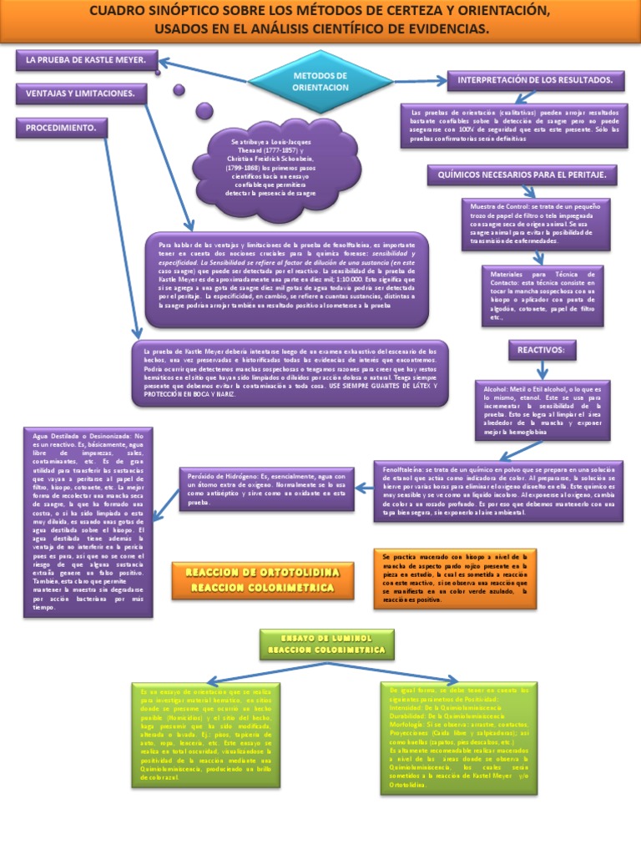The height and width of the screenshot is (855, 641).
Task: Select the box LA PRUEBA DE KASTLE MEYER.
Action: [x=87, y=61]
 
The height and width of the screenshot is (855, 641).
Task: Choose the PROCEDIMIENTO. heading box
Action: [x=61, y=129]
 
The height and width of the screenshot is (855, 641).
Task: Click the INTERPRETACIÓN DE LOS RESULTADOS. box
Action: [x=536, y=80]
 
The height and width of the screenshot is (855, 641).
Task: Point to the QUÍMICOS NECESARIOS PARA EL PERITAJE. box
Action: [x=522, y=175]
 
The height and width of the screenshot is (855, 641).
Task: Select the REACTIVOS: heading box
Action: [x=542, y=349]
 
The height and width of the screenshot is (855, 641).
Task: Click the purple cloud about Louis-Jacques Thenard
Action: [x=271, y=166]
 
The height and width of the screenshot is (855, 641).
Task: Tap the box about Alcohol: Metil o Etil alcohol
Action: [x=542, y=410]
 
